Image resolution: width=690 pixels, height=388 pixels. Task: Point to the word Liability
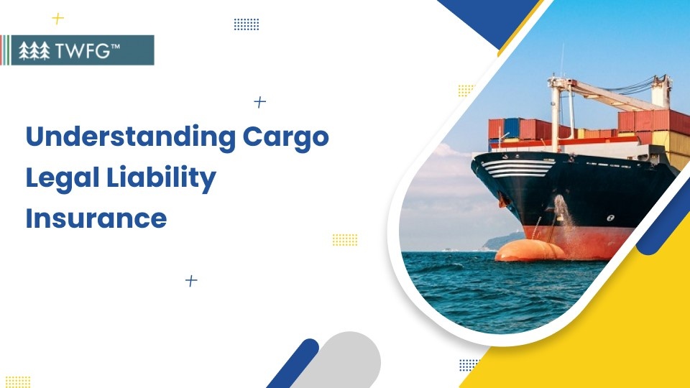click(160, 177)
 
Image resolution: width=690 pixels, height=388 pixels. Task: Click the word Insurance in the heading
click(96, 218)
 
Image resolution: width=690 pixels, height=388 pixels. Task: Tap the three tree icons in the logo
click(33, 50)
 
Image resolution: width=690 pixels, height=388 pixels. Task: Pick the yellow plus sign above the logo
click(58, 19)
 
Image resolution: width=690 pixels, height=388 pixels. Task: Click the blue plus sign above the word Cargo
click(260, 102)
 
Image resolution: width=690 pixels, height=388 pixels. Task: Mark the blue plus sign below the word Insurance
click(191, 280)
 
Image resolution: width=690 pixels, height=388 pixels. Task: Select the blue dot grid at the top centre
click(247, 24)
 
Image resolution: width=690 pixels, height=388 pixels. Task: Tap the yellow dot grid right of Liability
click(345, 239)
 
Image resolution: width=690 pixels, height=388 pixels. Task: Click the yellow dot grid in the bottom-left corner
click(17, 382)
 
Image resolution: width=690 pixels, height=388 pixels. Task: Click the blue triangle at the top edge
click(488, 17)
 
